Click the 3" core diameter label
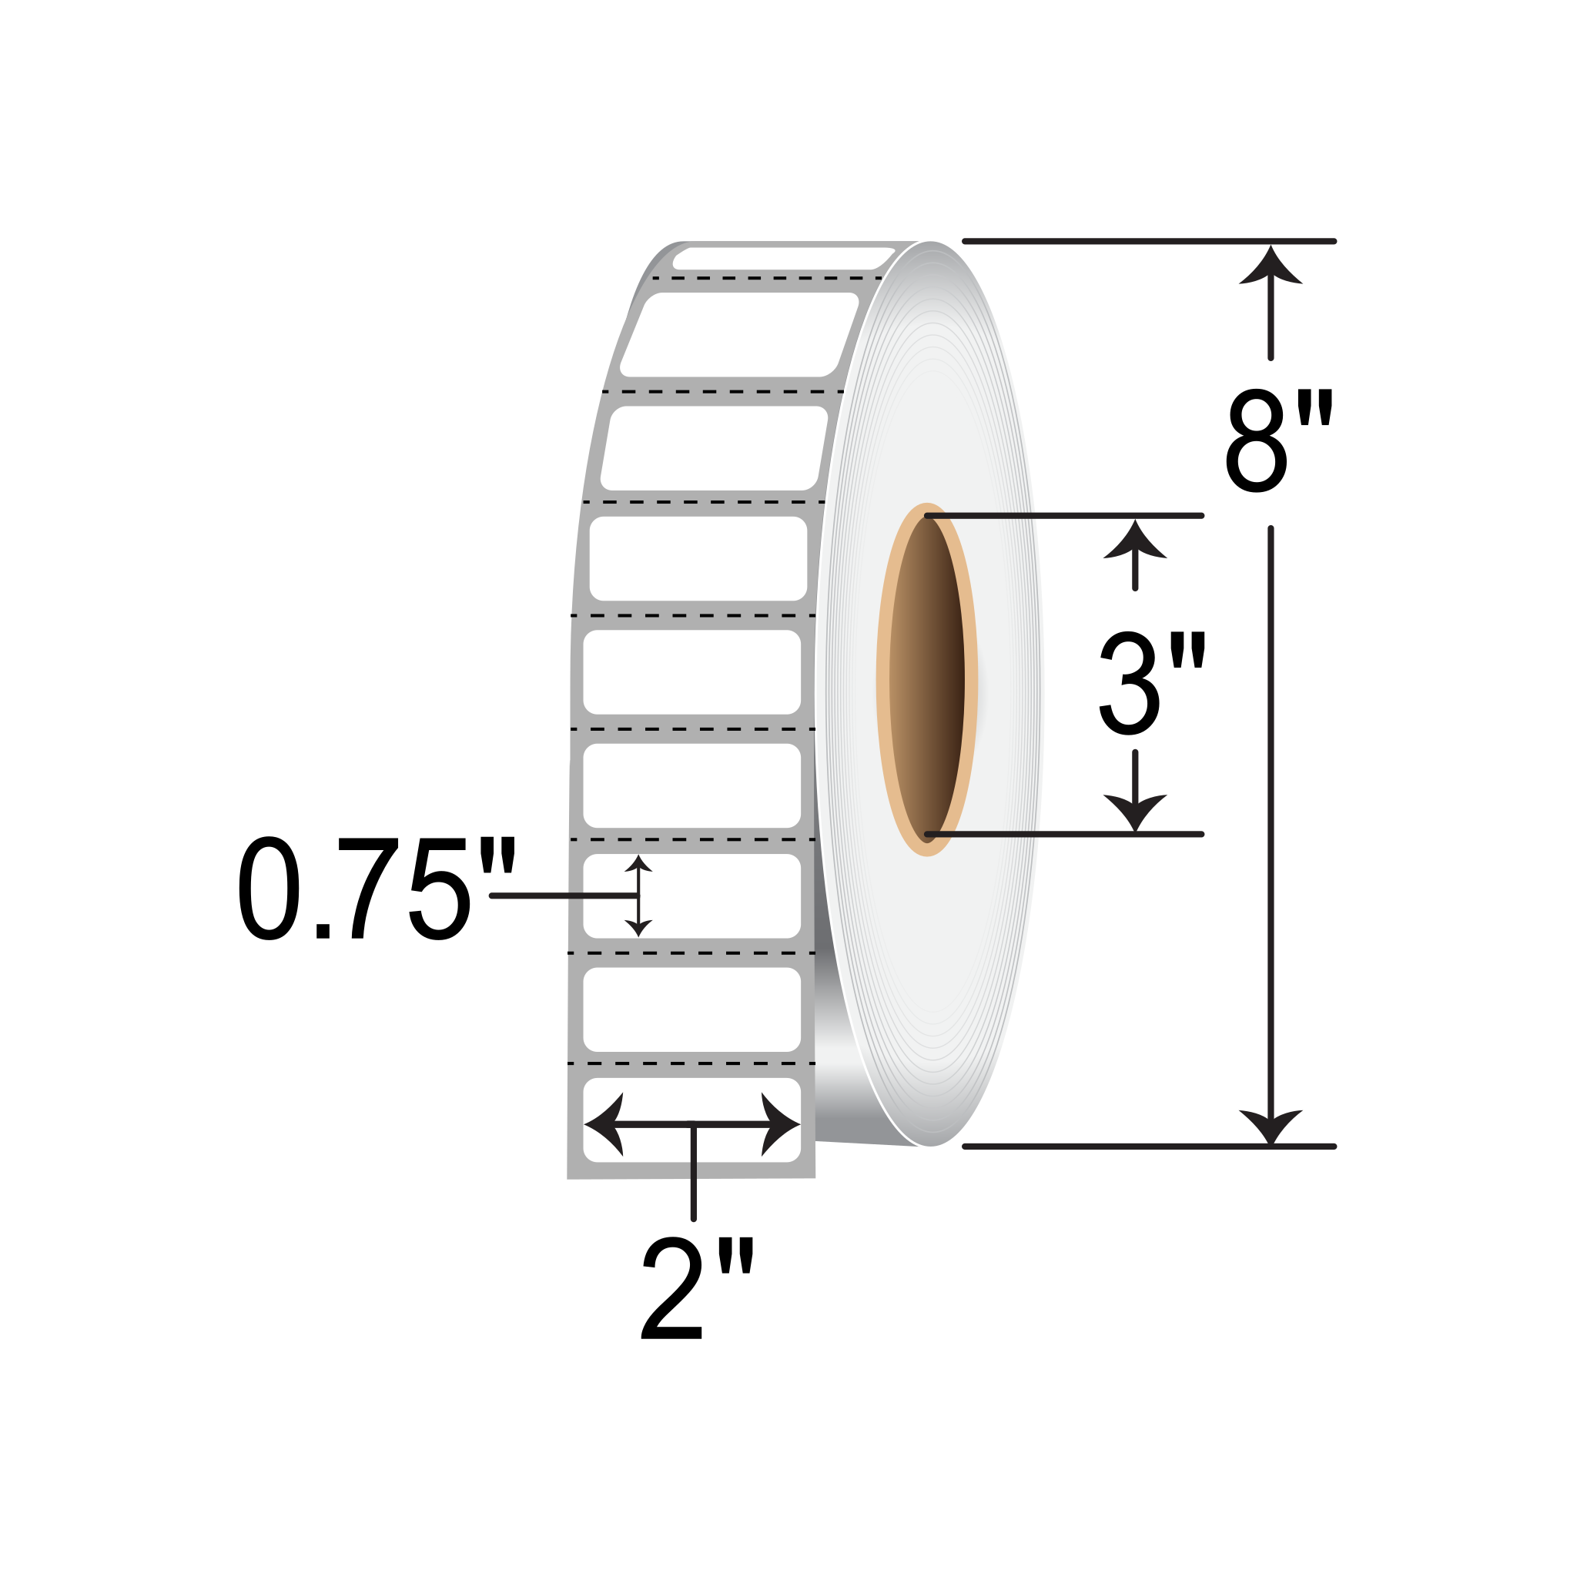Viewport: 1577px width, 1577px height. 1150,683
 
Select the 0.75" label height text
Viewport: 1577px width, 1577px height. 377,889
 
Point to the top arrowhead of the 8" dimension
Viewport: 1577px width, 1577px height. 1270,266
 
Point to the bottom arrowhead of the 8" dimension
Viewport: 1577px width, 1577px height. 1270,1127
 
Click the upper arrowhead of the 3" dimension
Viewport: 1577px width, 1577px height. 1134,541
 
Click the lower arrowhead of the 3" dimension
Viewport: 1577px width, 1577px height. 1134,811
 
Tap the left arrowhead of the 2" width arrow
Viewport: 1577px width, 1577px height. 604,1124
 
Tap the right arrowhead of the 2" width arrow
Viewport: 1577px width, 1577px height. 779,1124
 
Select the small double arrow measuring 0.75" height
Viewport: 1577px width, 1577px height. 638,896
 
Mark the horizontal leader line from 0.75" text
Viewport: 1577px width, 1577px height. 563,896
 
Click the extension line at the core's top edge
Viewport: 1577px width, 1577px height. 1061,516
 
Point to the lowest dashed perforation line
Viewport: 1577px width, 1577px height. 691,1063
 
